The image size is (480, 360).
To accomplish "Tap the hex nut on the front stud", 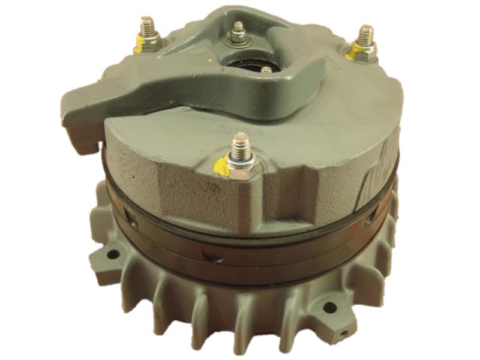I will (x=242, y=170).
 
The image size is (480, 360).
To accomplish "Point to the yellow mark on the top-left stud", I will (x=137, y=42).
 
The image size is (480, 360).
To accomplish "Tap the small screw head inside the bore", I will (x=266, y=71).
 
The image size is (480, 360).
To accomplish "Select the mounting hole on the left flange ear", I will (x=112, y=253).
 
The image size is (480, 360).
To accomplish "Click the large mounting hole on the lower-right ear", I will (x=329, y=308).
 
